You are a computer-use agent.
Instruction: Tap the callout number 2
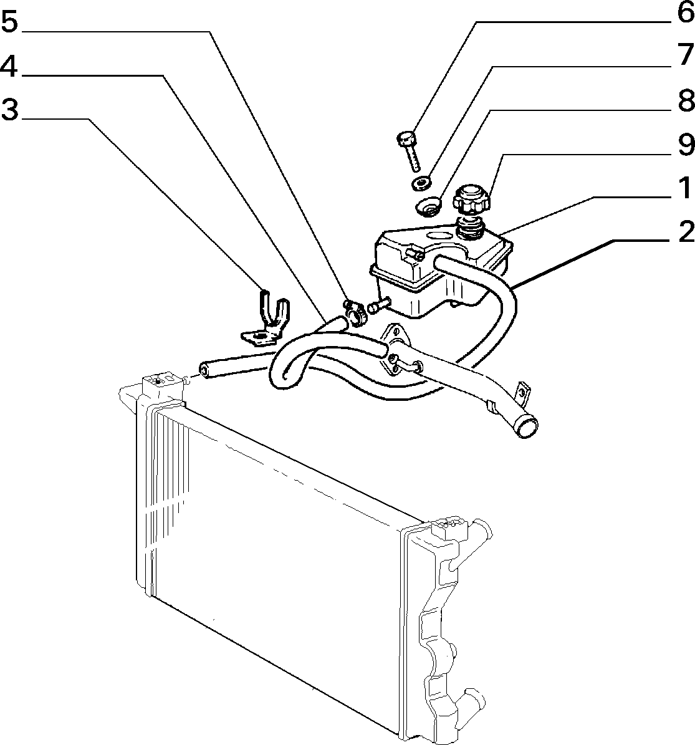686,233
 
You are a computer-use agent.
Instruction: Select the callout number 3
9,109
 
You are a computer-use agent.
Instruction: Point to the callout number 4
9,66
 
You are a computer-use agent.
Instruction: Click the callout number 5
9,22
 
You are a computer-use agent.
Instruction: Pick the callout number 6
686,12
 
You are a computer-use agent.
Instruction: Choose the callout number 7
686,55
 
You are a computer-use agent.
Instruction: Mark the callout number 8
686,100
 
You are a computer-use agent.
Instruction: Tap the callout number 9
686,145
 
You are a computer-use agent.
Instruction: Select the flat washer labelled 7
421,183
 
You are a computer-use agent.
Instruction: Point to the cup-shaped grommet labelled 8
429,207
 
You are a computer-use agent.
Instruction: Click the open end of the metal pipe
526,426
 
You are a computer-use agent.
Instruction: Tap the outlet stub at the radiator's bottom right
472,698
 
